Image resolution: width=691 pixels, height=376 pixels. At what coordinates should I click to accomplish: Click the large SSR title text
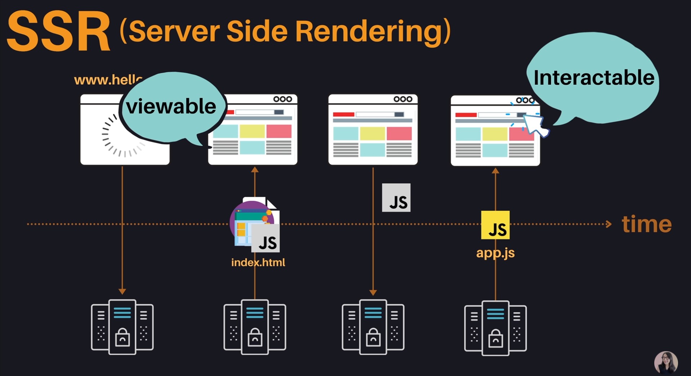[x=58, y=32]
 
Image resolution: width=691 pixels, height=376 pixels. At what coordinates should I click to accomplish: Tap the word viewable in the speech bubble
[x=171, y=106]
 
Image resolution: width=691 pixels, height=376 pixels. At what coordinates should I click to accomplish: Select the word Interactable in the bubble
[x=594, y=78]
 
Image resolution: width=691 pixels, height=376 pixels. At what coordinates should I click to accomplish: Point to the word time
[x=647, y=224]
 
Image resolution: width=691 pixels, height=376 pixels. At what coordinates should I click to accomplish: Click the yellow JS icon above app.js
[x=495, y=225]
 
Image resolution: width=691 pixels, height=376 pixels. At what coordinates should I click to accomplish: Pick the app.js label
[x=495, y=253]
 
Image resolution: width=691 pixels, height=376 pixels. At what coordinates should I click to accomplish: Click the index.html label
[x=258, y=262]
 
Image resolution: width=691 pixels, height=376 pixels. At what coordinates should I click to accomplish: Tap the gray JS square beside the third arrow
[x=396, y=198]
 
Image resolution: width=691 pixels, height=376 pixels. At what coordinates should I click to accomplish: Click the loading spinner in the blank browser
[x=122, y=136]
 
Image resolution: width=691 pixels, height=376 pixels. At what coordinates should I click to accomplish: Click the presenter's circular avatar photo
[x=666, y=362]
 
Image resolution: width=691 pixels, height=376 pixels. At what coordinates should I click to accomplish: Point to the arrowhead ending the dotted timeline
[x=608, y=224]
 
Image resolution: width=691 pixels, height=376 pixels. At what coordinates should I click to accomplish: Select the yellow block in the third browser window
[x=373, y=133]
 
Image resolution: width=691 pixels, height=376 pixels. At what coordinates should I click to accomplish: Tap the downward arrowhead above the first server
[x=122, y=291]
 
